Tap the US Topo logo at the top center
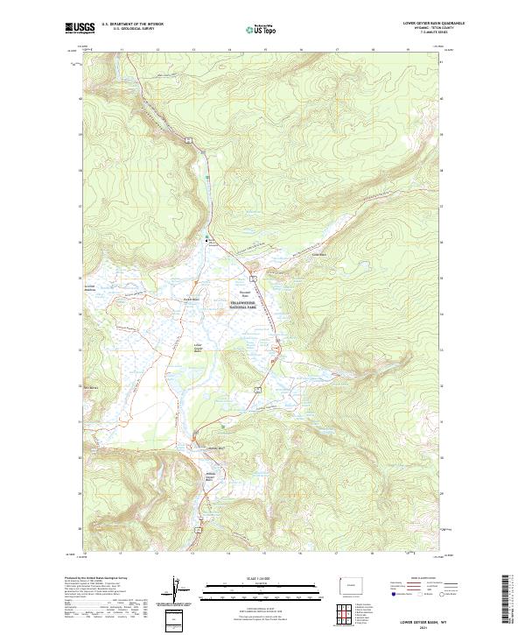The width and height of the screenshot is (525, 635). point(258,30)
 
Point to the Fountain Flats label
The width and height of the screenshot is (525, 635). point(246,293)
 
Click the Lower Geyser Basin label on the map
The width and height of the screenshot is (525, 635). point(198,347)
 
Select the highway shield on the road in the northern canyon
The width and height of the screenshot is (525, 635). point(188,138)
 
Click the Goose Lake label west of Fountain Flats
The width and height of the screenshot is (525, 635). point(185,299)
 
